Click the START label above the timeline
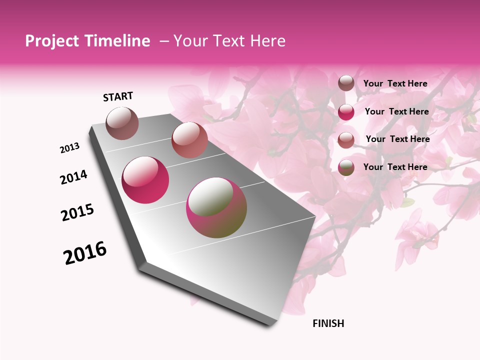point(118,96)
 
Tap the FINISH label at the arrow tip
point(328,323)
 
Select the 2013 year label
point(69,148)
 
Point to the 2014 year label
point(73,177)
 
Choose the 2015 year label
point(77,212)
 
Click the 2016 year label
point(85,253)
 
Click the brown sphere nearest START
point(122,123)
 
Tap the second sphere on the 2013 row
point(189,140)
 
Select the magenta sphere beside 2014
point(145,180)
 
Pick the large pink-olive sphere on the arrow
point(216,207)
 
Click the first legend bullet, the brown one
point(346,83)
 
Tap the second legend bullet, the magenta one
point(346,112)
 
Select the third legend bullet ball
point(346,139)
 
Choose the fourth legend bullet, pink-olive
point(346,167)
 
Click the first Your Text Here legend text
point(395,83)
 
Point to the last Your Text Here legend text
point(395,167)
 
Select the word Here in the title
point(267,41)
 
